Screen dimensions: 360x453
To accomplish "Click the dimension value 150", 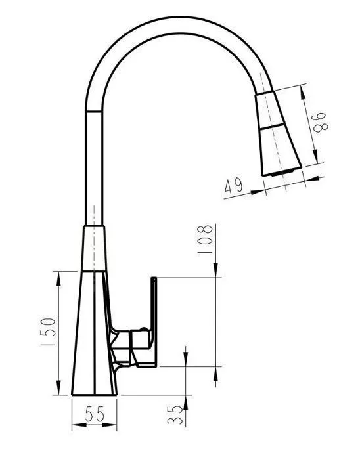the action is point(47,332).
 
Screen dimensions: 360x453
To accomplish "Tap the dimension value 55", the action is point(95,414).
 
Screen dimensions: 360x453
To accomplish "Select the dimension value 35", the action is point(175,415).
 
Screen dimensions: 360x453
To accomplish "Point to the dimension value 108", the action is point(205,239).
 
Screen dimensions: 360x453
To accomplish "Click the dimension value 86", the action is point(320,122).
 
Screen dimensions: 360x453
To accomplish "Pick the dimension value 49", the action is point(234,186).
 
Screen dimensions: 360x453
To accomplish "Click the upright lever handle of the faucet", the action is point(154,320).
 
